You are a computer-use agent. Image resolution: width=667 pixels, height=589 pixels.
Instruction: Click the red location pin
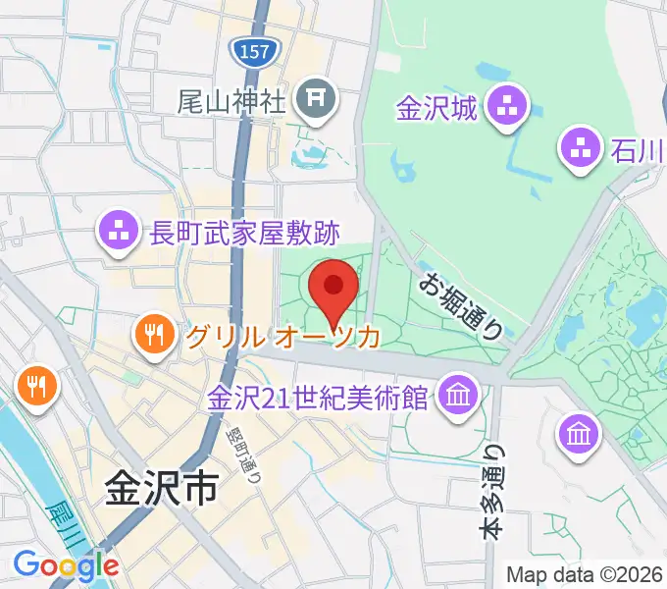tap(333, 289)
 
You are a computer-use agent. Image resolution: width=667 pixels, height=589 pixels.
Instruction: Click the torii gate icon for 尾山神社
tap(317, 97)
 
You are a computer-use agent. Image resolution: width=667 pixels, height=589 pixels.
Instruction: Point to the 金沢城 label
tap(436, 108)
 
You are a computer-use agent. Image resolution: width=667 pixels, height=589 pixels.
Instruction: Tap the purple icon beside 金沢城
tap(508, 108)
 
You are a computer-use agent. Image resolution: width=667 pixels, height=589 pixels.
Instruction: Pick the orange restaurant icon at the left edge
tap(36, 384)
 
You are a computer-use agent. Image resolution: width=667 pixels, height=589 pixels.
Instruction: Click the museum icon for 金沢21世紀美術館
tap(456, 397)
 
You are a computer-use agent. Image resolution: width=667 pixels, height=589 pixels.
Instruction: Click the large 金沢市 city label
tap(159, 489)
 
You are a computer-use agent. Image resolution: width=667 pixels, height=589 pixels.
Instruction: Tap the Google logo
tap(66, 565)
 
